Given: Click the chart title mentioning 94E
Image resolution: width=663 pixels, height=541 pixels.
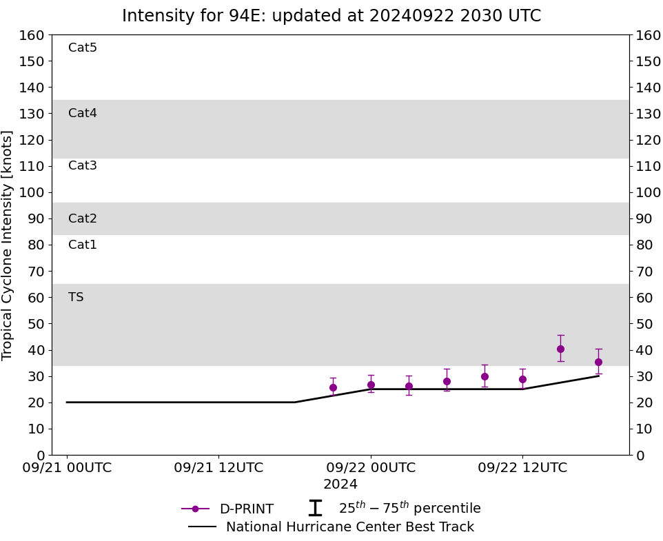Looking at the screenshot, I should pos(331,16).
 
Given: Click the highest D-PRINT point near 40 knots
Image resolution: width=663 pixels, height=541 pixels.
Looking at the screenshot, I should pos(560,349).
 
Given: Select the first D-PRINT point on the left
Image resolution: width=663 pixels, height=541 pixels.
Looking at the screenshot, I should pos(333,387).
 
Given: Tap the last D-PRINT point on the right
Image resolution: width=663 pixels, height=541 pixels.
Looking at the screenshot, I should pos(598,362).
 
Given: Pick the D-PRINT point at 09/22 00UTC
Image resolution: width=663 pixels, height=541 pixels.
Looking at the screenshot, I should pos(371,385).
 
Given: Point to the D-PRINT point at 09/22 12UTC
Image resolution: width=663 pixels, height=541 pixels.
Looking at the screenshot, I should pos(522,379).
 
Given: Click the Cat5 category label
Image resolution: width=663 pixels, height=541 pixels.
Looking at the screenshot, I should pos(83,48).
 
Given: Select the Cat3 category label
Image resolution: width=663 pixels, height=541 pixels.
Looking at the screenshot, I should pos(83,165).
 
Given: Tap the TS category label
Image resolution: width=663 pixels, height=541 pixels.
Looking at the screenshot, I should pos(76,297).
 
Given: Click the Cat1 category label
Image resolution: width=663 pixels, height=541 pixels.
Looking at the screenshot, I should pos(83,245).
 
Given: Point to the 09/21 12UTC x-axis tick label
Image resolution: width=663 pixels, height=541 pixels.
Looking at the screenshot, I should pos(218,468).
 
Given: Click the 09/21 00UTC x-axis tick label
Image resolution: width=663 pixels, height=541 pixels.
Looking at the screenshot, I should pos(67,468).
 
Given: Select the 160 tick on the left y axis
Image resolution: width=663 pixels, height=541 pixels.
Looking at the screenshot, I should pos(32,35).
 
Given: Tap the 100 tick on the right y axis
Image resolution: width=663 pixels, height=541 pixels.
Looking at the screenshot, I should pos(649,192).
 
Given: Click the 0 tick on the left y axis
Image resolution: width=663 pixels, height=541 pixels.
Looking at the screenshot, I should pos(40,455).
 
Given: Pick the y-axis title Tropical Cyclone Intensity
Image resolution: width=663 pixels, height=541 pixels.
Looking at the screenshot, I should pos(8,245).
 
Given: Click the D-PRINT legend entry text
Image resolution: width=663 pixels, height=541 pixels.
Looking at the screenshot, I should pos(246,509).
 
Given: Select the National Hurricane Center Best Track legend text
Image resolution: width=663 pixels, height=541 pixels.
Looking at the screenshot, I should pos(350,527).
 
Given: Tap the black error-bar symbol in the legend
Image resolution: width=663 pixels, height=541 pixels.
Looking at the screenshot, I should pos(315,509).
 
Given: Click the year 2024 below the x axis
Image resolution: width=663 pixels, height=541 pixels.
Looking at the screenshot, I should pos(340,484).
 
